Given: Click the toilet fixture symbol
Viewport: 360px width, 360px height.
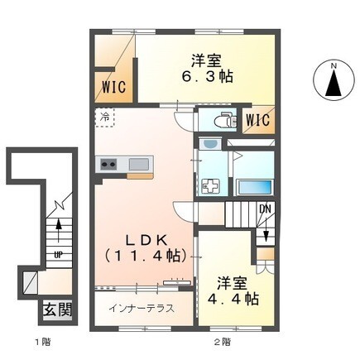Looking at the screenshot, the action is pyautogui.click(x=226, y=119).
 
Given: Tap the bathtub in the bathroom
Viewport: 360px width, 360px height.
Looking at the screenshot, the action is pyautogui.click(x=254, y=188).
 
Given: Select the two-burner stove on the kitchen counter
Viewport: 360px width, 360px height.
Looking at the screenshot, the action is pyautogui.click(x=108, y=165).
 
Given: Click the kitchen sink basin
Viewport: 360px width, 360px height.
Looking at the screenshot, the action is pyautogui.click(x=139, y=165).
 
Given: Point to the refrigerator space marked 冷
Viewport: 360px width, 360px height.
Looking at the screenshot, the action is pyautogui.click(x=105, y=118).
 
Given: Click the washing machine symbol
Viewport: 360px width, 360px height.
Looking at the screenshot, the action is pyautogui.click(x=211, y=186).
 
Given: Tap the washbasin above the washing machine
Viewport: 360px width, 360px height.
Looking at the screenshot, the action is pyautogui.click(x=210, y=144).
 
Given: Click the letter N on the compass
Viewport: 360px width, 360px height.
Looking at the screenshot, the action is pyautogui.click(x=334, y=66).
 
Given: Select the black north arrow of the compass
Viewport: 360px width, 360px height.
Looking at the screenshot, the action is pyautogui.click(x=334, y=83).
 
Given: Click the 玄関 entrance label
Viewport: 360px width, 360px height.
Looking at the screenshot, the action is pyautogui.click(x=57, y=310).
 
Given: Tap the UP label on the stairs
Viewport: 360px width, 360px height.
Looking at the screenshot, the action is pyautogui.click(x=58, y=255).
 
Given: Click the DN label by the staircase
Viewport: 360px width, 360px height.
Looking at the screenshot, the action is pyautogui.click(x=265, y=209).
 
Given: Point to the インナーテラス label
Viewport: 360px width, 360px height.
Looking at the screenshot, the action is pyautogui.click(x=142, y=308).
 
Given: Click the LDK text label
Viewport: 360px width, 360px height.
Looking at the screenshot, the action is pyautogui.click(x=146, y=241).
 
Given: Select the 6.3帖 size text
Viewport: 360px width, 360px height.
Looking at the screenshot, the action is pyautogui.click(x=207, y=76).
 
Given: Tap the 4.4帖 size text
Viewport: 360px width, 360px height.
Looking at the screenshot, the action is pyautogui.click(x=233, y=298).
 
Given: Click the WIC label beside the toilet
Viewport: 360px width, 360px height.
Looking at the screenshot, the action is pyautogui.click(x=258, y=120).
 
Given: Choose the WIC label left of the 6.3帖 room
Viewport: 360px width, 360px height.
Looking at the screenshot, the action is pyautogui.click(x=114, y=87).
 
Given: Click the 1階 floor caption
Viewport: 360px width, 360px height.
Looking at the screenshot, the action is pyautogui.click(x=42, y=343).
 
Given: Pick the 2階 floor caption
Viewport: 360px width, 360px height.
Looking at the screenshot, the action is pyautogui.click(x=223, y=343).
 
